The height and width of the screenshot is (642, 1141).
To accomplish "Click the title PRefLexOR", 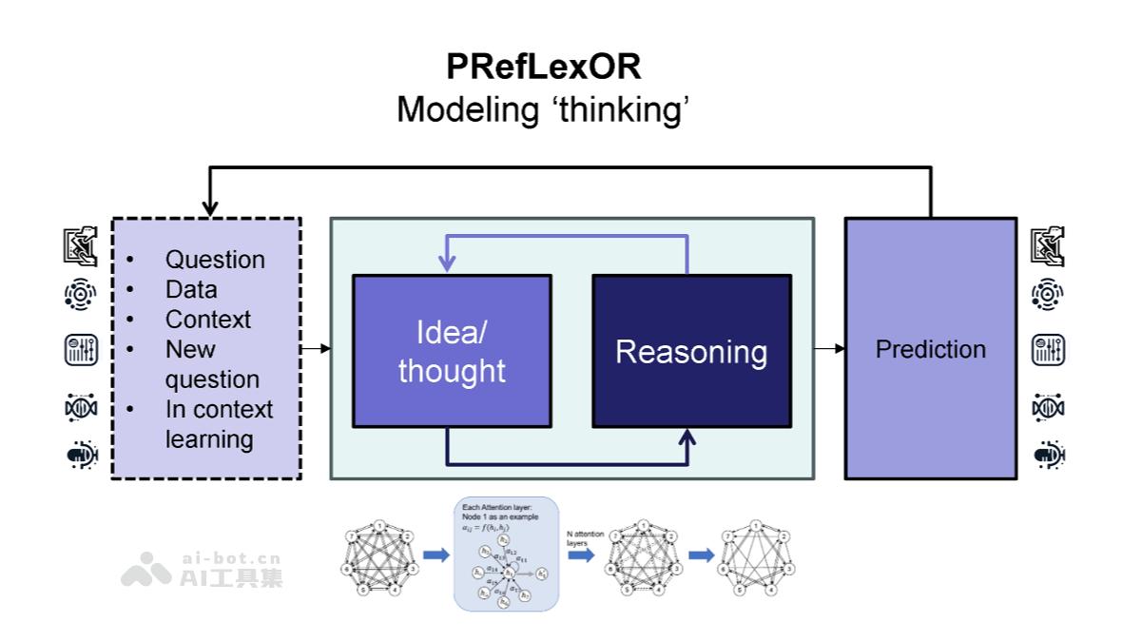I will click(x=543, y=68).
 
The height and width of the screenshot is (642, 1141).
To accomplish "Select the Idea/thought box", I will click(x=452, y=351).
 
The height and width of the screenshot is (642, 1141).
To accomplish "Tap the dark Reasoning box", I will click(x=691, y=351).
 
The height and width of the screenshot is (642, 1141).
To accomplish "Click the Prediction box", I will click(x=930, y=349).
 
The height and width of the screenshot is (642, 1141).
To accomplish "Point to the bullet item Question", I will click(x=215, y=260).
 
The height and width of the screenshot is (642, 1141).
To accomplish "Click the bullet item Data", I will click(x=191, y=289).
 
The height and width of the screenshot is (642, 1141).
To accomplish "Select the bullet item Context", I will click(x=208, y=320).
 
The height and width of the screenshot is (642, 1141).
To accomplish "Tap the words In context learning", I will click(x=219, y=424).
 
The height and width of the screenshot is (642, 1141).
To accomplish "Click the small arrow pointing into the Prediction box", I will click(x=839, y=349).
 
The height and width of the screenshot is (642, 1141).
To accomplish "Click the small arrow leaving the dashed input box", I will click(x=324, y=349).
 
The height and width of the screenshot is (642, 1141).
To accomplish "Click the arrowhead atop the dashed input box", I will click(x=210, y=207).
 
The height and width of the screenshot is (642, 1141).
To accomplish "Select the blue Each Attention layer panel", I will click(x=506, y=554).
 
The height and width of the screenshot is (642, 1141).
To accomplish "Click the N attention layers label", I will click(x=583, y=538).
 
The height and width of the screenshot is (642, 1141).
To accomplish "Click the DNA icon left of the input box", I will click(x=81, y=407).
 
